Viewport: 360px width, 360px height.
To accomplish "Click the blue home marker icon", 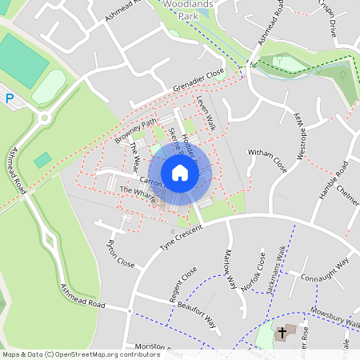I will [180, 173].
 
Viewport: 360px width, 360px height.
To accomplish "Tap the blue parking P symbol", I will [10, 98].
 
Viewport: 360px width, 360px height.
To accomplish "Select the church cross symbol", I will [282, 331].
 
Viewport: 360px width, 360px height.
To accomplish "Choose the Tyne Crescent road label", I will [182, 237].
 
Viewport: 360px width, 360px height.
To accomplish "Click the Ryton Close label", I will [121, 253].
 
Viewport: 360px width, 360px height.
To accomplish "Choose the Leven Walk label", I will [206, 113].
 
